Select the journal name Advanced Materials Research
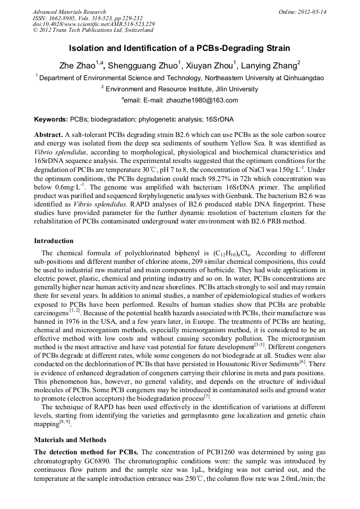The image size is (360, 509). [69, 12]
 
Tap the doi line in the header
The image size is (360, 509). [93, 24]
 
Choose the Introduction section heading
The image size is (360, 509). [54, 241]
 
